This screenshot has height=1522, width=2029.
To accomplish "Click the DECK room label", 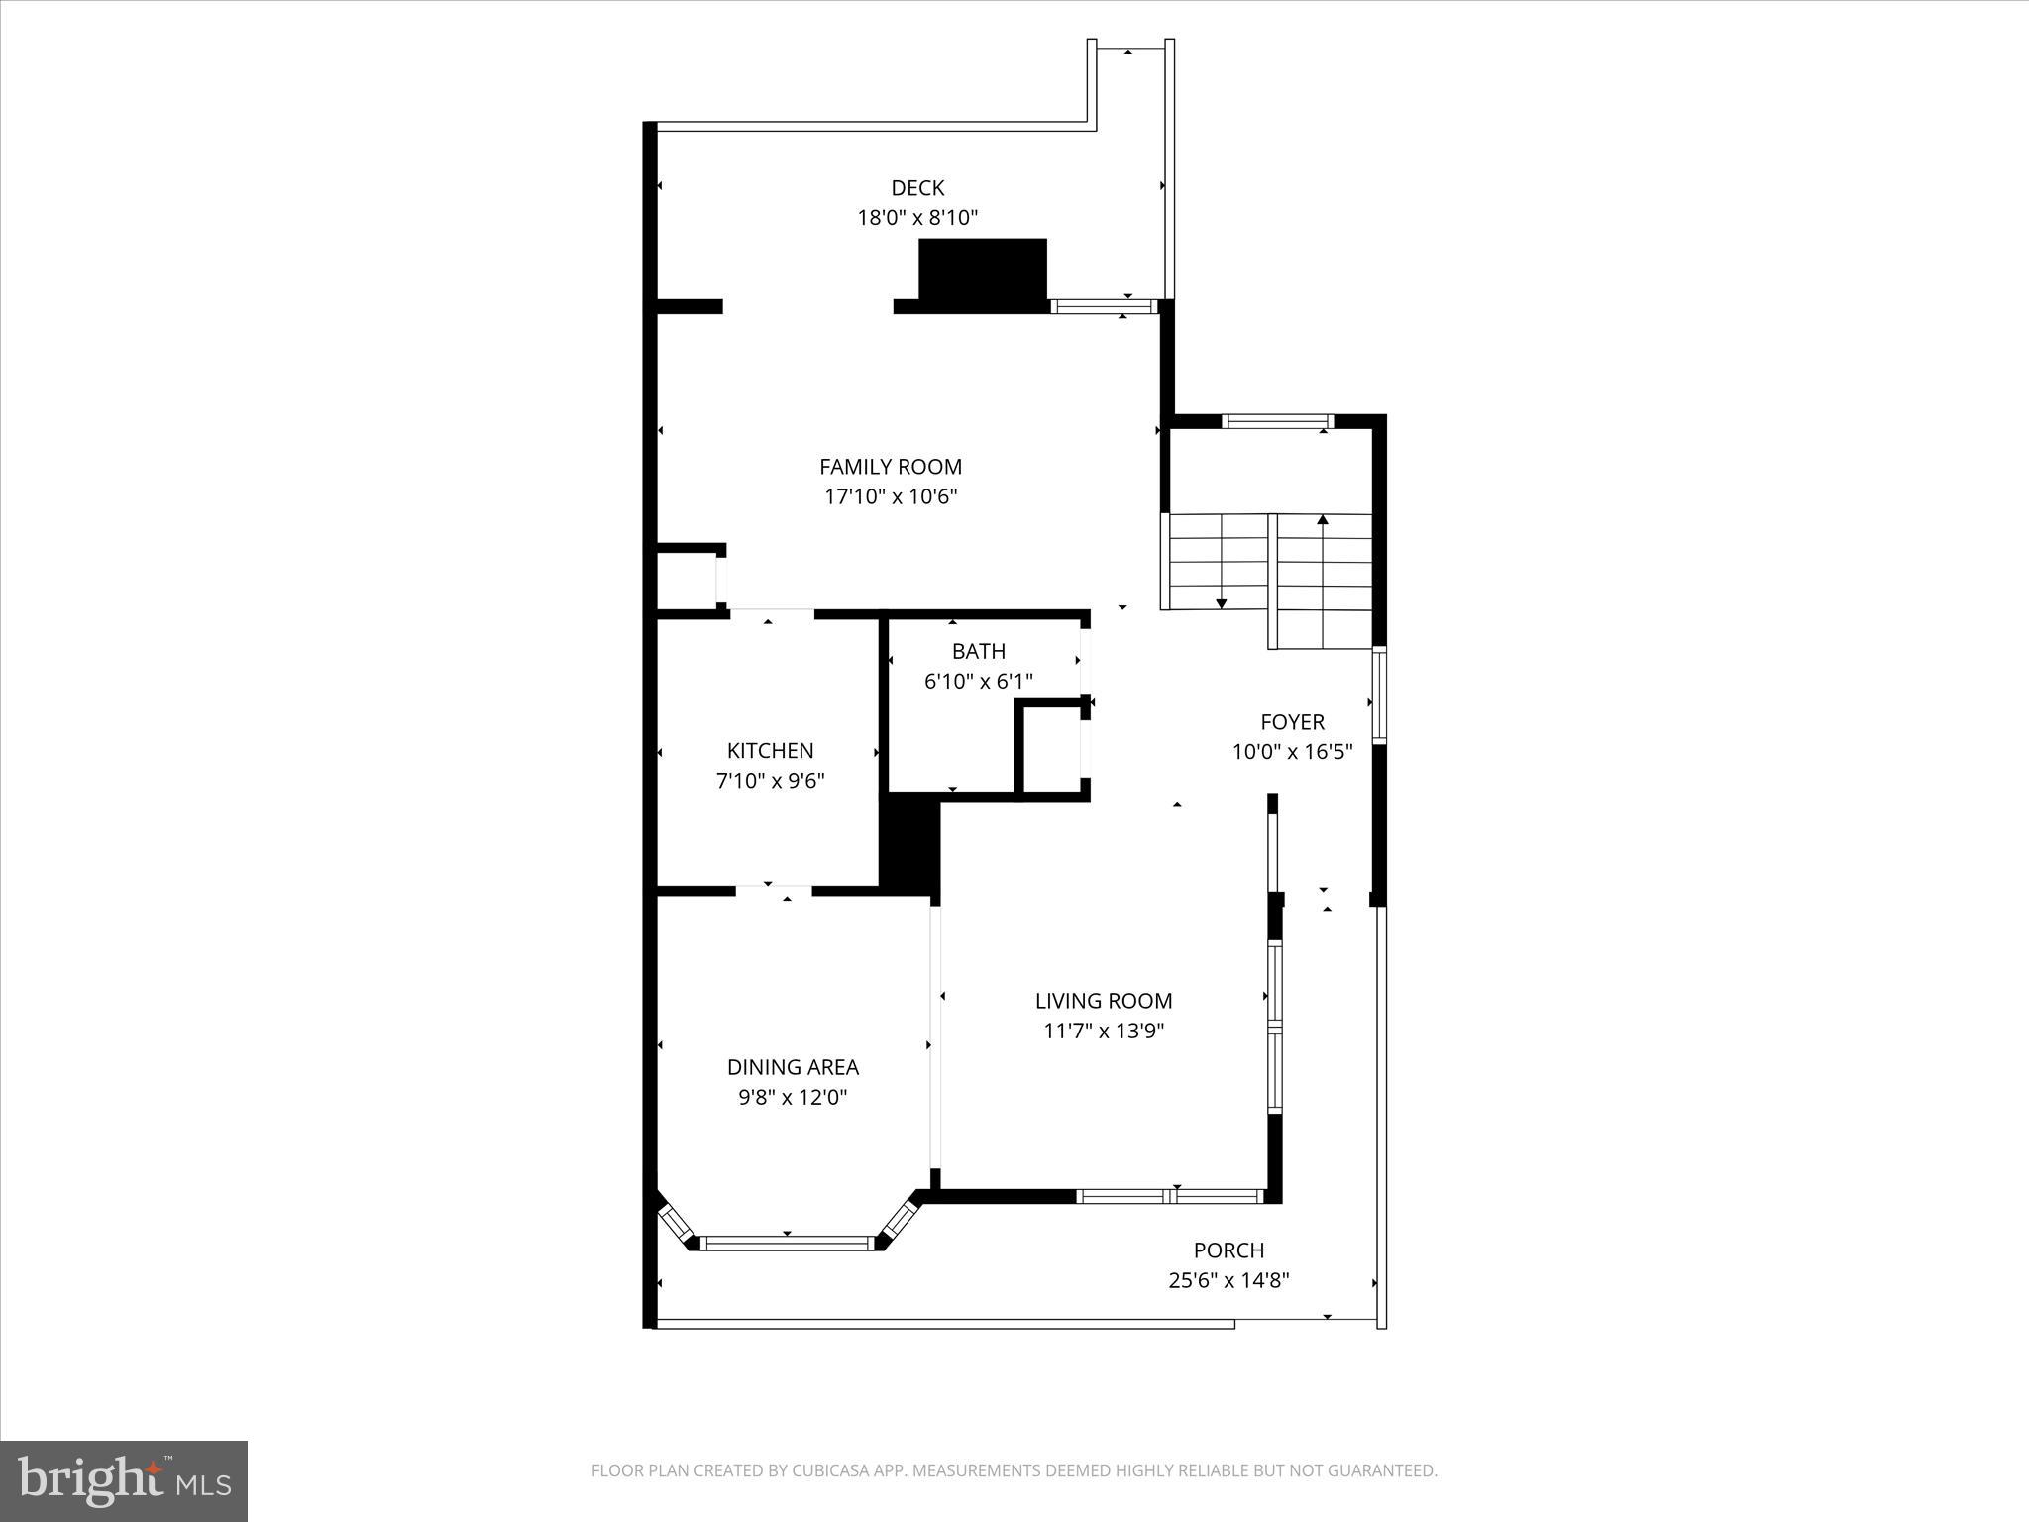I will (917, 187).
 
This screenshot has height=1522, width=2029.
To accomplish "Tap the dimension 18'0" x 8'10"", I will (917, 218).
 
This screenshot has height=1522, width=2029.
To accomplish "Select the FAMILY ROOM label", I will (890, 466).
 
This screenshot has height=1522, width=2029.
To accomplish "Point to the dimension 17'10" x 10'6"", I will (890, 496).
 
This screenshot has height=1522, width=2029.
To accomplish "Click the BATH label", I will (978, 651).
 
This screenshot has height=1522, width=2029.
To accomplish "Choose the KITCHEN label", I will (770, 750).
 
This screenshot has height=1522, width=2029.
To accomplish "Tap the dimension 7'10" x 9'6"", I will (770, 781).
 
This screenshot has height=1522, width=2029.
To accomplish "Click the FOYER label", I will (1292, 721).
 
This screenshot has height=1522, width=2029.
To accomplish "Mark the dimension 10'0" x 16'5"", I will (1292, 752).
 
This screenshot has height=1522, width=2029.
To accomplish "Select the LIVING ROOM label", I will (1104, 1001).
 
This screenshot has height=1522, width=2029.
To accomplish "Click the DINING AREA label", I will (793, 1067).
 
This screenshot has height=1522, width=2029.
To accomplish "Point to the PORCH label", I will (1228, 1250).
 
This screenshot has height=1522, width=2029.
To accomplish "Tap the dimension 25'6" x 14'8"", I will (1228, 1281).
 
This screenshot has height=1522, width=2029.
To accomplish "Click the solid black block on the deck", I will (982, 269).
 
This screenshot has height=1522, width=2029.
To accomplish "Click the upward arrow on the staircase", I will (1322, 520).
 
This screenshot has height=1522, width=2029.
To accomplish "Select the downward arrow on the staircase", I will (1221, 602).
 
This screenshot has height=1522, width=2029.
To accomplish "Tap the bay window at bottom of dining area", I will (787, 1243).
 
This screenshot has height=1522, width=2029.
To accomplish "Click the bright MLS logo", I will (124, 1481).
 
